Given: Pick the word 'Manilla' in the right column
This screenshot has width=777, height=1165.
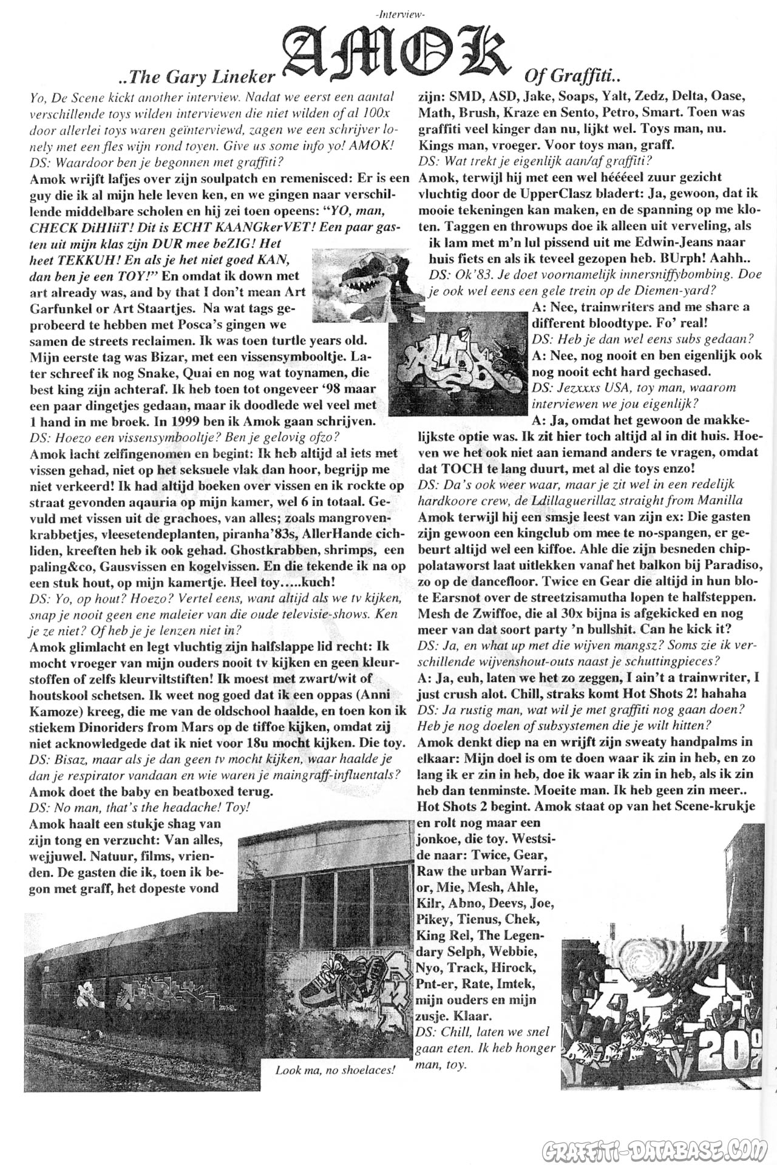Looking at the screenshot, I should click(x=722, y=500).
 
